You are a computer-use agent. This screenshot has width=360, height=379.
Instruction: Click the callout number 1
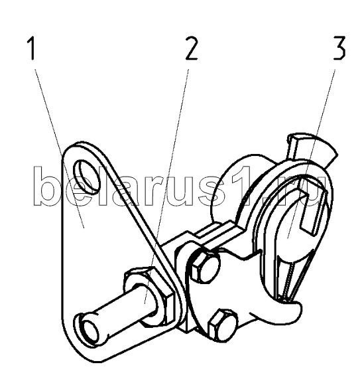coord(32,48)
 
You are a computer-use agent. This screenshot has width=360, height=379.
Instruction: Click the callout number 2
coord(192,48)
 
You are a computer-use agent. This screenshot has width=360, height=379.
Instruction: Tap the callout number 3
coord(339,48)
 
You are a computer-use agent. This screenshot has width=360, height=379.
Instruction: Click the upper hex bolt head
coord(206,266)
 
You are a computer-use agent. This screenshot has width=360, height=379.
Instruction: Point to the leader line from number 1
coord(60,149)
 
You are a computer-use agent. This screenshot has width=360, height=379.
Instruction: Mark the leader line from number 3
coord(311,153)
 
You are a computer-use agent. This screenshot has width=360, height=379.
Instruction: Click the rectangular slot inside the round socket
coord(307,208)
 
